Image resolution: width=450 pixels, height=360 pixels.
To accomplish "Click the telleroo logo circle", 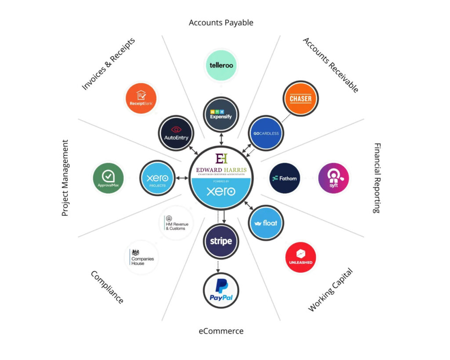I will [x=221, y=65].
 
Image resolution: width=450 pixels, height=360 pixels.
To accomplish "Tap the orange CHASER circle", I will [x=301, y=99].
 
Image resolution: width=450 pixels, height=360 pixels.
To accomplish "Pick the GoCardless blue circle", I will [x=265, y=133].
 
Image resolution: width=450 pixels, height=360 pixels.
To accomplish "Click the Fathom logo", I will [x=284, y=178].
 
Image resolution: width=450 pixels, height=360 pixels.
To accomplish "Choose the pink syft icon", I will [x=333, y=179].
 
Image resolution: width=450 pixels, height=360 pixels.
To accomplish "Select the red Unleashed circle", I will [x=301, y=258].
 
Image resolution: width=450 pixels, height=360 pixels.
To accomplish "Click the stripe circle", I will [x=221, y=241].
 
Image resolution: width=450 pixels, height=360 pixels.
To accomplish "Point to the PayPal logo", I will [x=221, y=290].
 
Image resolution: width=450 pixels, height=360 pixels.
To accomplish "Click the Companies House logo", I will [x=142, y=258].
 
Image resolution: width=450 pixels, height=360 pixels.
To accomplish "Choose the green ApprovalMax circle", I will [x=108, y=179].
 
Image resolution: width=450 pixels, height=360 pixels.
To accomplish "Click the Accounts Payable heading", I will [x=221, y=22].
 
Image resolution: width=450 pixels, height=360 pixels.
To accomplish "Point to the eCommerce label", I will [x=221, y=331].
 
